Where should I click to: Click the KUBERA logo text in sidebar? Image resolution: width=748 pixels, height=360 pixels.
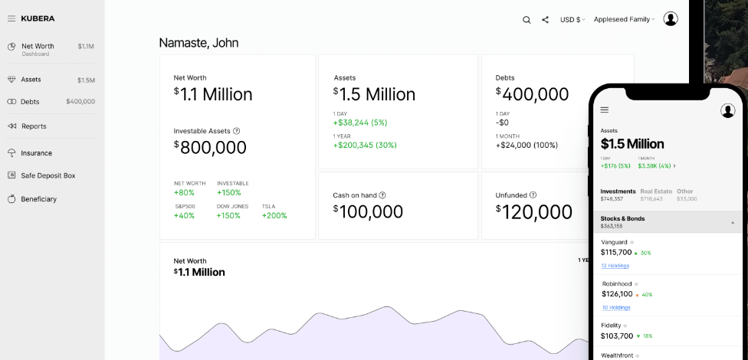point(38,18)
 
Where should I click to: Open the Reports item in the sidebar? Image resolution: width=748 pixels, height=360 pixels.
point(34,126)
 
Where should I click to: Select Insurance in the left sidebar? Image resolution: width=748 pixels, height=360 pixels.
point(36,153)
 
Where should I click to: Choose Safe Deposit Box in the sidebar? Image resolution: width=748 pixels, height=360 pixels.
point(48,175)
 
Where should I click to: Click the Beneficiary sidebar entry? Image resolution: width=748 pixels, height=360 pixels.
point(38,199)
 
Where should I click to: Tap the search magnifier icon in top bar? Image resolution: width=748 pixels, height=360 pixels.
point(527,20)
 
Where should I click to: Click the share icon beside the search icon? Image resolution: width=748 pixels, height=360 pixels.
point(545,20)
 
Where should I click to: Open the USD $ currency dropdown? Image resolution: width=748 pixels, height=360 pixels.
point(572,20)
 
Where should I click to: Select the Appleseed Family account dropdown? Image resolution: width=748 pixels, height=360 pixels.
point(625,20)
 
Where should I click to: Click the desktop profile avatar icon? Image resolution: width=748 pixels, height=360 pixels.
point(671,19)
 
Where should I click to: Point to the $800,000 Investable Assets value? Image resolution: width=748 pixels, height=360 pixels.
point(211,148)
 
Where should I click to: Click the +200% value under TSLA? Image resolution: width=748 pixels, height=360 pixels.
point(274,215)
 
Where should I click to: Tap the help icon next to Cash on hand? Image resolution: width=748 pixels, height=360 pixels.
point(382,195)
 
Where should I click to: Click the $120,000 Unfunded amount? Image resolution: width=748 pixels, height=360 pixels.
point(534,212)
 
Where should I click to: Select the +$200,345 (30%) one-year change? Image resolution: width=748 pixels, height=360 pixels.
point(365,145)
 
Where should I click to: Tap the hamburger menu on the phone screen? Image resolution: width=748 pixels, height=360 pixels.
point(605,110)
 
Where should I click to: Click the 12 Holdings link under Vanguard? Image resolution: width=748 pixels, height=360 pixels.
point(615,266)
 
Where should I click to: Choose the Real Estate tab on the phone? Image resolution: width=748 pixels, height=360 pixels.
point(655,191)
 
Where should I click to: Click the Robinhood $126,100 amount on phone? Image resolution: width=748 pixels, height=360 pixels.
point(617,293)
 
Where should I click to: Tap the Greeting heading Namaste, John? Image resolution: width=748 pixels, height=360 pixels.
point(198,43)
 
